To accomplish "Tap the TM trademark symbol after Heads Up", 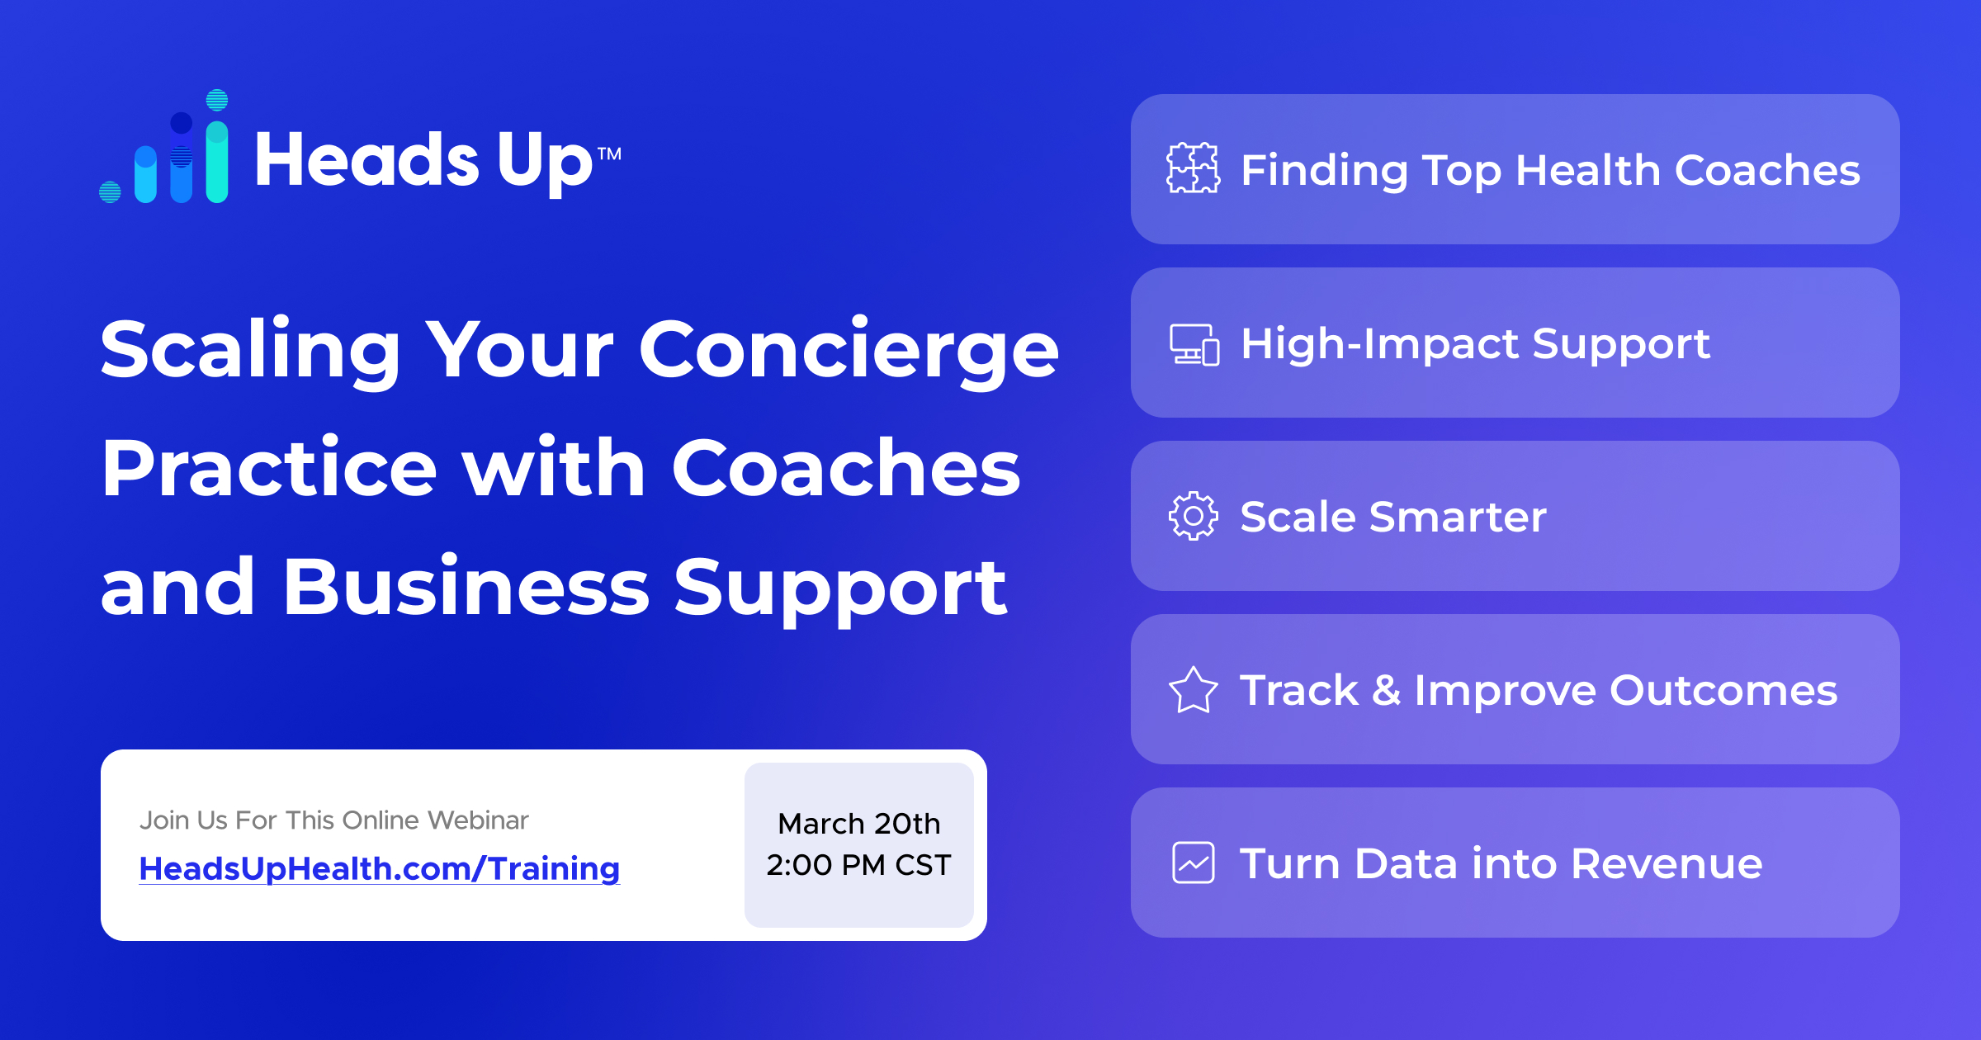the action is coord(609,154).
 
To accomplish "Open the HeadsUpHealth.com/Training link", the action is coord(380,869).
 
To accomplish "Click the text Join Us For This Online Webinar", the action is coord(334,820).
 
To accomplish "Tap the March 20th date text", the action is coord(859,823).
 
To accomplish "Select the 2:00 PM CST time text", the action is coord(859,865).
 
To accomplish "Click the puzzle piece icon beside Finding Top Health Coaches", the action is coord(1194,168).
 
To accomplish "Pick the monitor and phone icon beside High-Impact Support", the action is coord(1194,344).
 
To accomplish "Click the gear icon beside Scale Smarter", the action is coord(1194,516).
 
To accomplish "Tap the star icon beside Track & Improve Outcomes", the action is coord(1194,690).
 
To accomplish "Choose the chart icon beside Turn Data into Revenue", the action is coord(1194,863).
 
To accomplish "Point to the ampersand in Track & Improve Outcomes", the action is coord(1387,690).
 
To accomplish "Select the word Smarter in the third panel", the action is coord(1458,517).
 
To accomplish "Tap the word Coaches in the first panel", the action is coord(1767,170).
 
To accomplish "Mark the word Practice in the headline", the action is coord(269,468).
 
